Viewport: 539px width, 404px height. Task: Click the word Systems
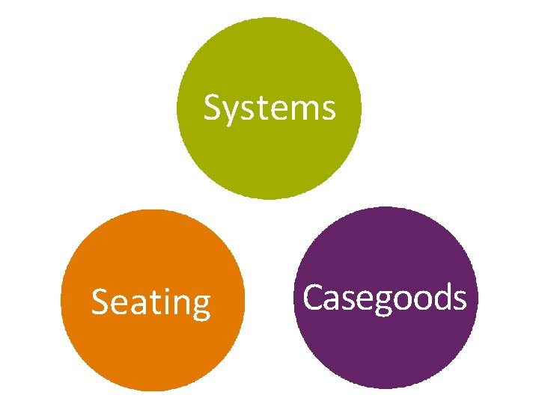[x=269, y=108]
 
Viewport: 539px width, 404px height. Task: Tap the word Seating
[x=150, y=303]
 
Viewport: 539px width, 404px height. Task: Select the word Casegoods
[x=385, y=298]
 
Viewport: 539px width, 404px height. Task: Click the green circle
[x=269, y=60]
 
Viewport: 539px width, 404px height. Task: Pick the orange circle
[x=152, y=352]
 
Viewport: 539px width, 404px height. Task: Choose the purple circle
[x=385, y=352]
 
